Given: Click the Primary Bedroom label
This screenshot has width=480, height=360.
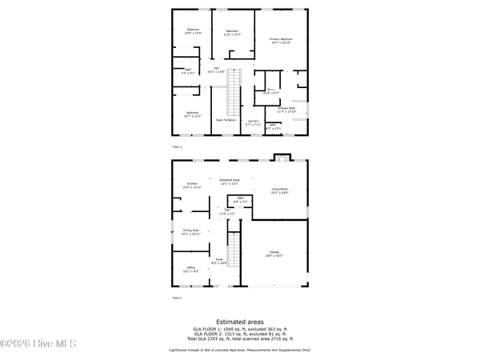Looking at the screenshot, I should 280,40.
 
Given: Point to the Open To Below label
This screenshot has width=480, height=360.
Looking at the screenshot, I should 226,119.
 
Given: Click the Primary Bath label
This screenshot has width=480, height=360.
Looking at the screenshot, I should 287,110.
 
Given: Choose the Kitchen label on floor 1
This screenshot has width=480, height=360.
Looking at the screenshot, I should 192,185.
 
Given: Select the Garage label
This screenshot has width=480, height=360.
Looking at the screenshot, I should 274,252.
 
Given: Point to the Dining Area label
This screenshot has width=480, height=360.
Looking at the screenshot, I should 190,232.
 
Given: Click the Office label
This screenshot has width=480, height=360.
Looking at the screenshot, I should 190,269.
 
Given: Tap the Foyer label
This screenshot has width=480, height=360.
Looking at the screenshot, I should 218,261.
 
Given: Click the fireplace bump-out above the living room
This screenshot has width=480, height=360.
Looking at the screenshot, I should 282,156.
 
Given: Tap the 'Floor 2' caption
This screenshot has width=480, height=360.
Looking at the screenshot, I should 178,147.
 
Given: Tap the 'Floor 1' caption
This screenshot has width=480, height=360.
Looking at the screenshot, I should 178,297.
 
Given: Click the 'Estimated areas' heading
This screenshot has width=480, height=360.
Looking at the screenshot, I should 240,322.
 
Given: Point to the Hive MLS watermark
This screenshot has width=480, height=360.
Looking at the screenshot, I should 38,344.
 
